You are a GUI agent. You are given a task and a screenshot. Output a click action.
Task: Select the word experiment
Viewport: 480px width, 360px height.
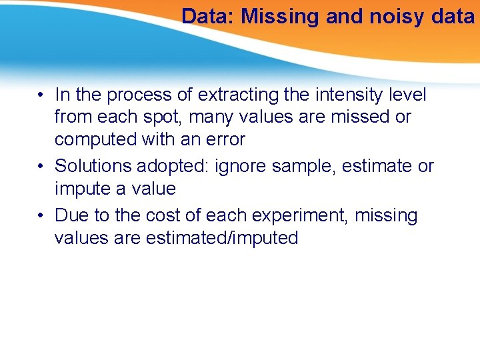291,216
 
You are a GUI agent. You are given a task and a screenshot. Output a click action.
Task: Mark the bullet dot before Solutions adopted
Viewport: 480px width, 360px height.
41,166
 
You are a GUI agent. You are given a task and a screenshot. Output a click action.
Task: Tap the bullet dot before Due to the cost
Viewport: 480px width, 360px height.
41,216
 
